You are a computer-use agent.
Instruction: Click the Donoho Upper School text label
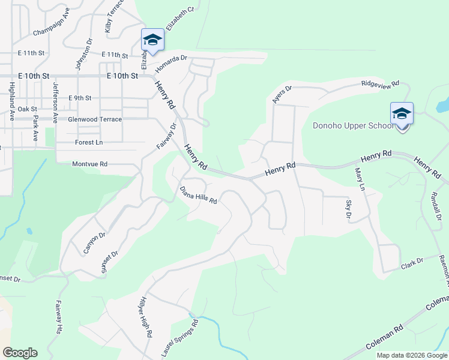coord(354,125)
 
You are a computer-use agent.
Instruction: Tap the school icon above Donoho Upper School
coord(402,113)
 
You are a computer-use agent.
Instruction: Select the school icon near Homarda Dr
coord(152,41)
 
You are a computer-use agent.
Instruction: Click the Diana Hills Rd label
coord(198,195)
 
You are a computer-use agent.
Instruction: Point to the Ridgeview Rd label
coord(380,85)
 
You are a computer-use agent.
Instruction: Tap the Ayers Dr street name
coord(282,94)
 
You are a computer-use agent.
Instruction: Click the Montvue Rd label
coord(89,164)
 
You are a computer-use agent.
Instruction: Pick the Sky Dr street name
coord(348,209)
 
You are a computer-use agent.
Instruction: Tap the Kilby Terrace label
coord(114,16)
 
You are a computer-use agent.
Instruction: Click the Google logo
coord(20,353)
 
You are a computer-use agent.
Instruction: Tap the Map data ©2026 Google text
coord(411,355)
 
